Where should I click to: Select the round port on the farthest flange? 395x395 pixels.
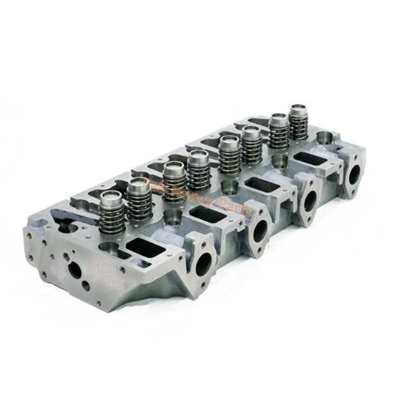click(355, 174)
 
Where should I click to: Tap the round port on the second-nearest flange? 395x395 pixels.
click(260, 230)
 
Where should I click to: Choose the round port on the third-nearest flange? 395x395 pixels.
click(310, 201)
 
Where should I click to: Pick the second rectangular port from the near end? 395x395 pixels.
click(208, 214)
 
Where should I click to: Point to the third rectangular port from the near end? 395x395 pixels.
click(261, 185)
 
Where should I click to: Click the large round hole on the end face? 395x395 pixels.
click(75, 270)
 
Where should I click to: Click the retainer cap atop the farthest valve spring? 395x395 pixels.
click(298, 110)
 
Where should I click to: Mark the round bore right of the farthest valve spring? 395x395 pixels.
click(324, 137)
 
